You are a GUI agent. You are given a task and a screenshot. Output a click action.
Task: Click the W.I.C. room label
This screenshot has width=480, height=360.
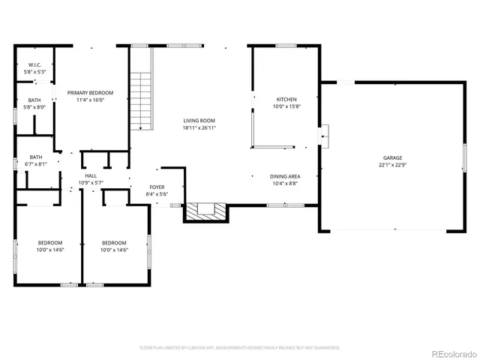tap(34, 65)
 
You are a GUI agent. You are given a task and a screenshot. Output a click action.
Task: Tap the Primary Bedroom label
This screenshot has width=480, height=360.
tap(85, 93)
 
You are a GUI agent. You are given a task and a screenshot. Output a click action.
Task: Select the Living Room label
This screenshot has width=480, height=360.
tap(199, 121)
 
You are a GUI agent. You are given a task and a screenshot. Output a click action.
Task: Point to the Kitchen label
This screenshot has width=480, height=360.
tap(286, 100)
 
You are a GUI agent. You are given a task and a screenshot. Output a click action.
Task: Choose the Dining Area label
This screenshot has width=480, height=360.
tap(284, 176)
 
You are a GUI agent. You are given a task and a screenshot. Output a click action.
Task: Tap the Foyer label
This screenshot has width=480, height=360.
tap(157, 187)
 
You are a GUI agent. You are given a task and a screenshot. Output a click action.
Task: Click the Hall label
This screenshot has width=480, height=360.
tap(91, 175)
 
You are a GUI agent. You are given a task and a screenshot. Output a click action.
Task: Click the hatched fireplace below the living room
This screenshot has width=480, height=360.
tap(205, 212)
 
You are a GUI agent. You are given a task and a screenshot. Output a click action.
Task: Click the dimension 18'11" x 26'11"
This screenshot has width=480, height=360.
tap(199, 128)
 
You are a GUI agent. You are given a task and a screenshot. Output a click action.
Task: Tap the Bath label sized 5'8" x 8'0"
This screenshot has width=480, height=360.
tap(34, 100)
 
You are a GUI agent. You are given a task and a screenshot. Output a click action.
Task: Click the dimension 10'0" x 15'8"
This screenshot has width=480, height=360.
tap(286, 106)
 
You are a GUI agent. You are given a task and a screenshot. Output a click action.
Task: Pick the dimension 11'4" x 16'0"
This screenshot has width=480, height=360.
tap(85, 100)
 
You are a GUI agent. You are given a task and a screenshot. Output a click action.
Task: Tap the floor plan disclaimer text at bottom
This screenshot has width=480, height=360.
tap(240, 348)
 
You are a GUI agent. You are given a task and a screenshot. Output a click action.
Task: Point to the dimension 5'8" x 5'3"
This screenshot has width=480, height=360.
tap(34, 72)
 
